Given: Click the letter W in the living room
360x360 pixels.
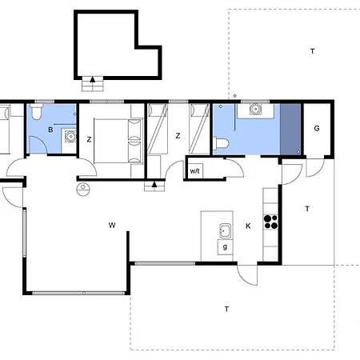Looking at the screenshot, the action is (112, 225).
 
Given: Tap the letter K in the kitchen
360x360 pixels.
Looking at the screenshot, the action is (248, 226).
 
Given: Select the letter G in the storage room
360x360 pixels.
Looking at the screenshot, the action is (317, 128).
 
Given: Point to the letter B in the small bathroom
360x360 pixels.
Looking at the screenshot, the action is (50, 130).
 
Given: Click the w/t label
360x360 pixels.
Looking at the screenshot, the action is (194, 170).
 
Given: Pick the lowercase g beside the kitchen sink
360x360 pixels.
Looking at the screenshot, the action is (225, 246).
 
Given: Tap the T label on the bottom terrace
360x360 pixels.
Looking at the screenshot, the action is (226, 309).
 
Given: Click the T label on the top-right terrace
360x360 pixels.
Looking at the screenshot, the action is (313, 51).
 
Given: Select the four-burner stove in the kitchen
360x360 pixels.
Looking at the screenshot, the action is (270, 222).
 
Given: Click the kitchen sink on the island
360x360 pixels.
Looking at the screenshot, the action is (226, 231).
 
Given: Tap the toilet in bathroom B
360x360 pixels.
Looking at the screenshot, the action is (37, 111).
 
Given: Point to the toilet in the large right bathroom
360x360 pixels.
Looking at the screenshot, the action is (221, 143).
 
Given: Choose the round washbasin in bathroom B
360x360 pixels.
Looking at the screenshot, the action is (70, 137).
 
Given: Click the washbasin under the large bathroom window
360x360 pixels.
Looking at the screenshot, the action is (255, 109).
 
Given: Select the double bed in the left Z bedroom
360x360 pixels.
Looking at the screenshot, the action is (118, 141).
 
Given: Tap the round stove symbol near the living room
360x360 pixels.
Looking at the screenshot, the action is (83, 190).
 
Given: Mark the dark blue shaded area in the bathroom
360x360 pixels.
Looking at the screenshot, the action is (290, 129).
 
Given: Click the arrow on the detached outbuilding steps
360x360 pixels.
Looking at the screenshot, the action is (93, 79).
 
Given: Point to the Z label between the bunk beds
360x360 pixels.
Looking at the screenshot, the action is (178, 136).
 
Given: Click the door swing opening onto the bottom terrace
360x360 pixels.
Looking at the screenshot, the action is (247, 275).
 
